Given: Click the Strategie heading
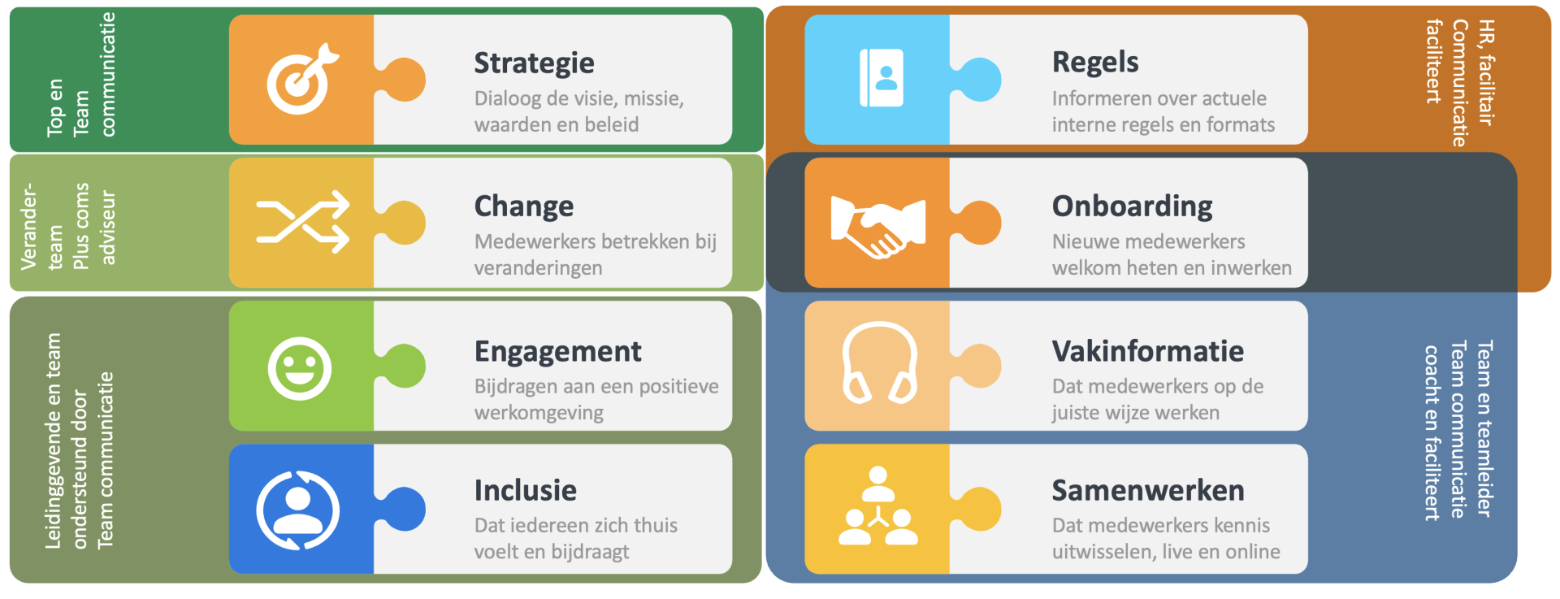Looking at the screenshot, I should pyautogui.click(x=534, y=63).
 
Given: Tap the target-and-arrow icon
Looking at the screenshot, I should pyautogui.click(x=301, y=80).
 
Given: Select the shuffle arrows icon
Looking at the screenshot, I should pyautogui.click(x=302, y=222).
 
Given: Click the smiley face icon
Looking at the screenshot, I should pyautogui.click(x=300, y=367).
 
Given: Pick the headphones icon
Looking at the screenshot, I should pyautogui.click(x=878, y=364).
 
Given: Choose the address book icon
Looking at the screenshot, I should pyautogui.click(x=881, y=78).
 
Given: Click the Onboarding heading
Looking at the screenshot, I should pyautogui.click(x=1132, y=206).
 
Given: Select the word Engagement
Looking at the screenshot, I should pyautogui.click(x=557, y=351).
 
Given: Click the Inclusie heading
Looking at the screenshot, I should pyautogui.click(x=525, y=490).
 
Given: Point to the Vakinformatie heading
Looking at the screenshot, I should pyautogui.click(x=1147, y=351).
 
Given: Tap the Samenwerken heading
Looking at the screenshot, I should pyautogui.click(x=1147, y=490).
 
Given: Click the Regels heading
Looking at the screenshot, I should pyautogui.click(x=1094, y=62).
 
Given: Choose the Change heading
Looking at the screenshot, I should pyautogui.click(x=523, y=206).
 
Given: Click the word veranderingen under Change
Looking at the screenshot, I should pyautogui.click(x=538, y=268).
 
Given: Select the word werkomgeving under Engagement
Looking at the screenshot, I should pyautogui.click(x=539, y=413).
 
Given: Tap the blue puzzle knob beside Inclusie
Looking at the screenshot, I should pyautogui.click(x=406, y=509).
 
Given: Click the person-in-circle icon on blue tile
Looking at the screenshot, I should pyautogui.click(x=298, y=510).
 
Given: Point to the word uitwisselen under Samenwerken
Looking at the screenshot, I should pyautogui.click(x=1103, y=552).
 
